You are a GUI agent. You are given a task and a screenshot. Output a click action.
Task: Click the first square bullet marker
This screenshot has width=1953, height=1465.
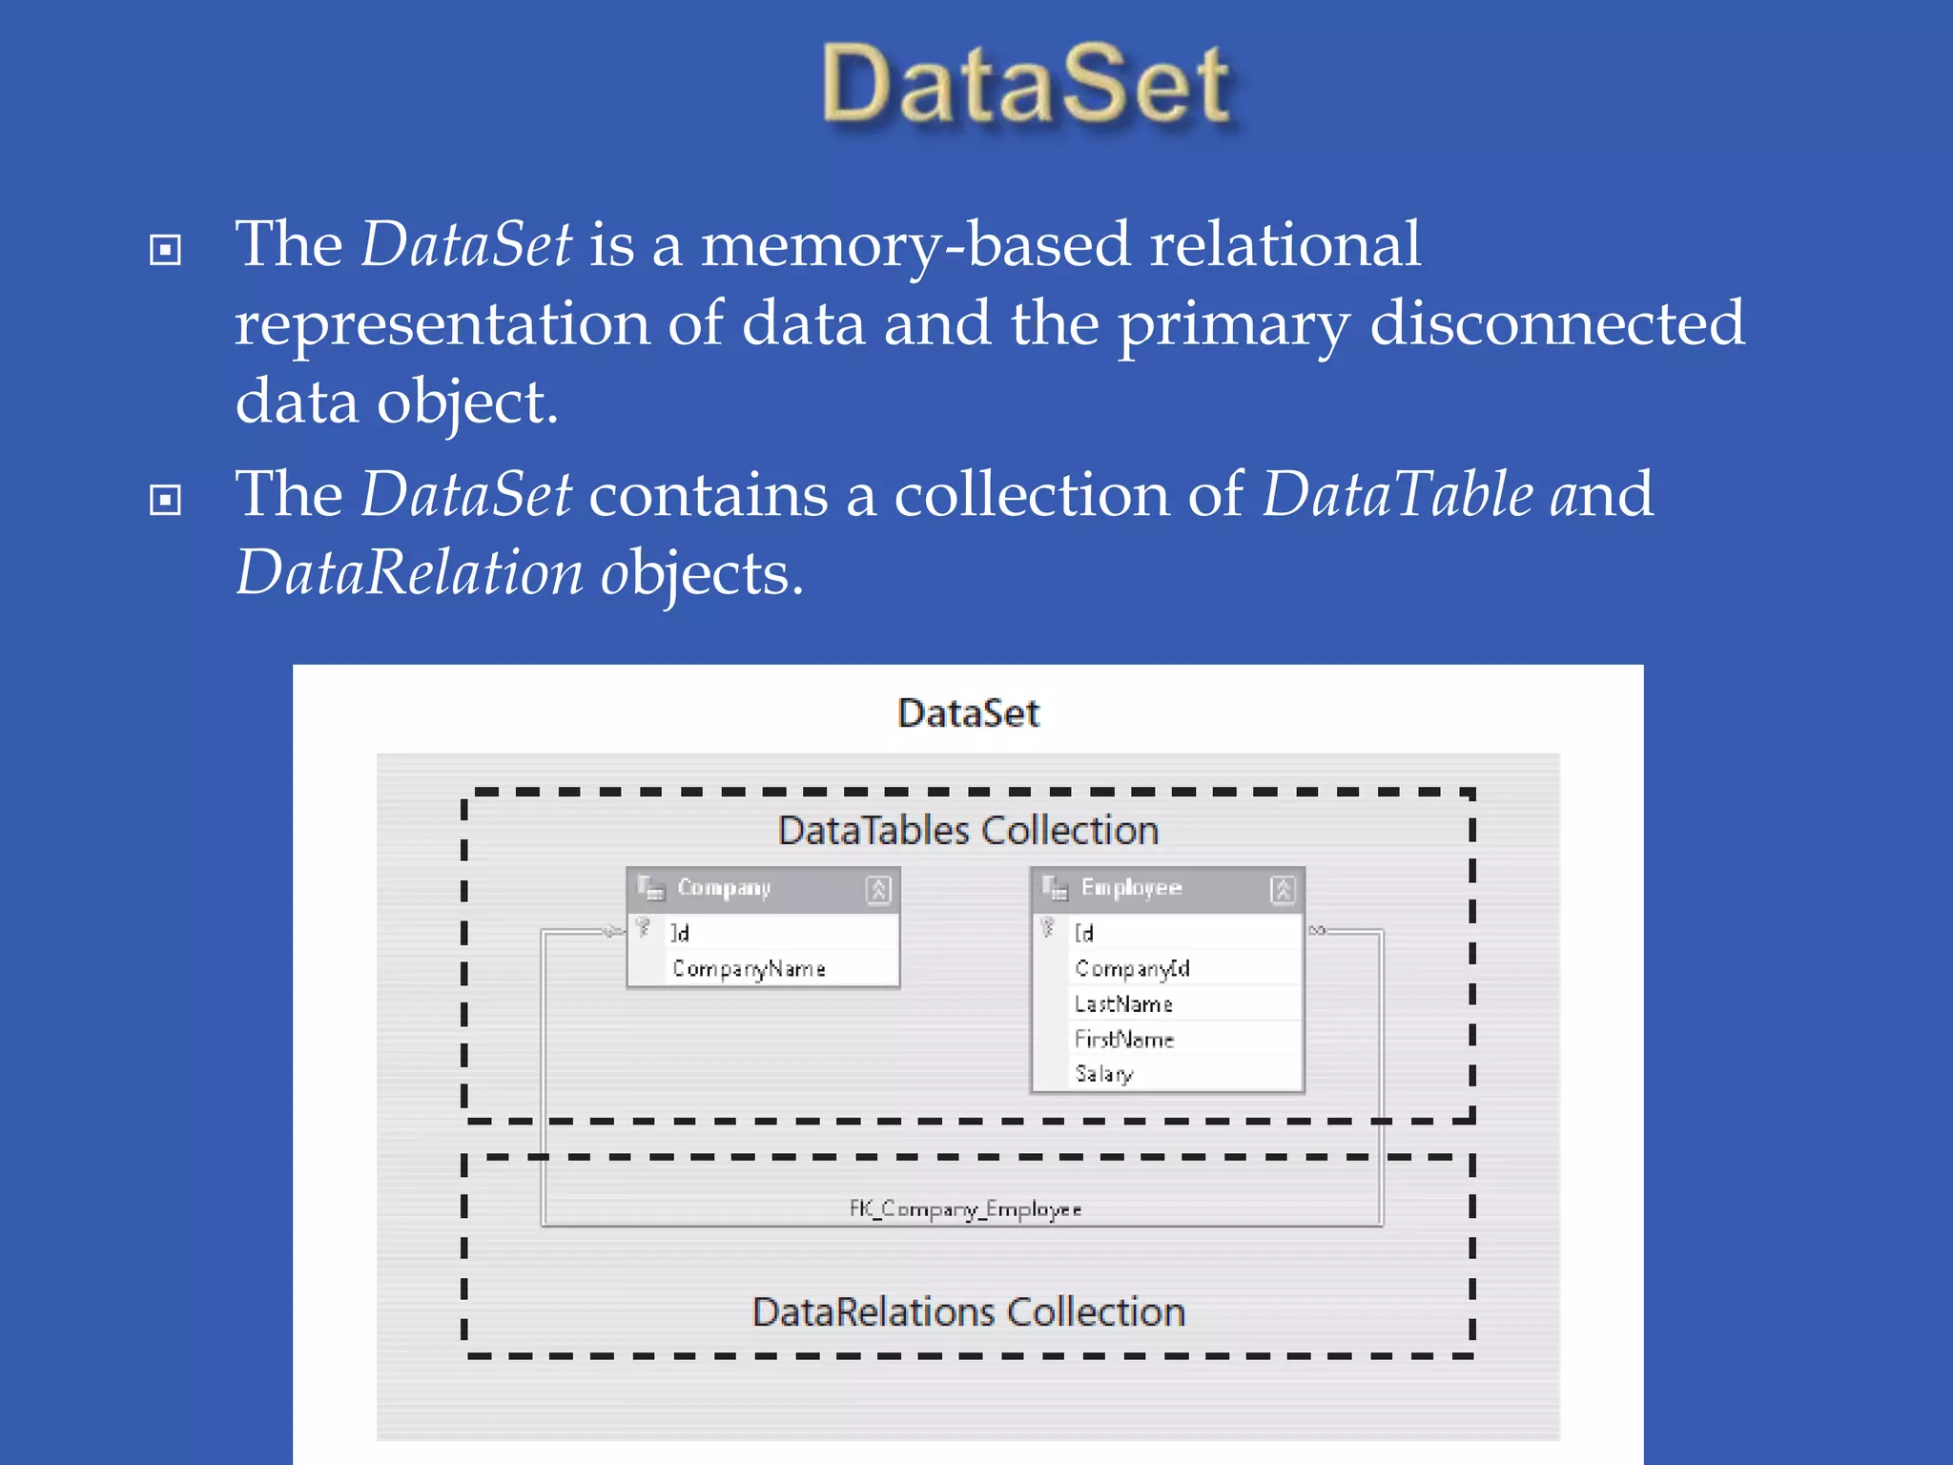point(166,250)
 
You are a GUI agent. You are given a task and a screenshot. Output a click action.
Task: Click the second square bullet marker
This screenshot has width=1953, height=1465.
point(166,499)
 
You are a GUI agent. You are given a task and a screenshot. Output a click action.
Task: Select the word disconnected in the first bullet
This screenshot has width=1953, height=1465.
point(1556,322)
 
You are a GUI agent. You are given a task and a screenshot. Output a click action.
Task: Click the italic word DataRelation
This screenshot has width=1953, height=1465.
point(409,573)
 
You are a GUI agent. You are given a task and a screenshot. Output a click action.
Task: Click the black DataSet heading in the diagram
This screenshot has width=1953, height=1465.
point(968,713)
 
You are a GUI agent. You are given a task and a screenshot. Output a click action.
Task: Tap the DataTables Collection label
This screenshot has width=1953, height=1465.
point(968,831)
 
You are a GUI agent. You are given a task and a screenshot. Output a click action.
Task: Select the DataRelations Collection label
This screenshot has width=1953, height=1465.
point(968,1312)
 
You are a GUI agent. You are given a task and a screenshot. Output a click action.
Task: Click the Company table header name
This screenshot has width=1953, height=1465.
point(724,888)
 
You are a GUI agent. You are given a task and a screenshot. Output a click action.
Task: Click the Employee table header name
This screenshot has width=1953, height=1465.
point(1131,888)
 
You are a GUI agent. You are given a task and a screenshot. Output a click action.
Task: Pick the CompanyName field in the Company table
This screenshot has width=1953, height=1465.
point(749,969)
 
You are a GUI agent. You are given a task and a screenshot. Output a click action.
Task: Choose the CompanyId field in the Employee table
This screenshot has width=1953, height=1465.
point(1132,969)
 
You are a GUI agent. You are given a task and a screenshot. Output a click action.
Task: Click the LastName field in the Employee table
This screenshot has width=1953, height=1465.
point(1123,1004)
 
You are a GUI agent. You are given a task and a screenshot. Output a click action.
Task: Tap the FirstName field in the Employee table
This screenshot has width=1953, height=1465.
point(1123,1039)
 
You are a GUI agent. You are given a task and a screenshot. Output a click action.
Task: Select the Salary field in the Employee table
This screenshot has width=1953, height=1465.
point(1104,1074)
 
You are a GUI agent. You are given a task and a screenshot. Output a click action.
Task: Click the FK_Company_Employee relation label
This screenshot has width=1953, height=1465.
point(965,1209)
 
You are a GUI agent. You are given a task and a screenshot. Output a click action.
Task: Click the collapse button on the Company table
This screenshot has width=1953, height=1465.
point(878,890)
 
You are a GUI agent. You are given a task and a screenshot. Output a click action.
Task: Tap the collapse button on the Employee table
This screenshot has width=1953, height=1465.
point(1283,890)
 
